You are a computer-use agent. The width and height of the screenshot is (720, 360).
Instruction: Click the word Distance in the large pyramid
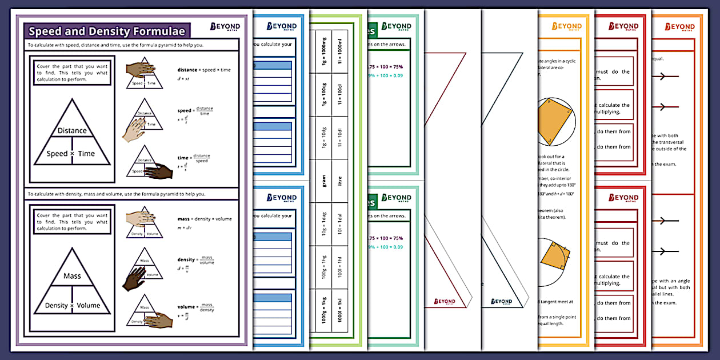(72, 130)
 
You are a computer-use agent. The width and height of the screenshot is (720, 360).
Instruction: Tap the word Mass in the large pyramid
(72, 276)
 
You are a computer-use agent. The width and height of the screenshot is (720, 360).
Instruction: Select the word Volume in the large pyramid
(89, 305)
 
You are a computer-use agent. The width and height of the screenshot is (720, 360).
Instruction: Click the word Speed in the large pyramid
(57, 153)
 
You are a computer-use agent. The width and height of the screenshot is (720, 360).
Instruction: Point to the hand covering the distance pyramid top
(140, 69)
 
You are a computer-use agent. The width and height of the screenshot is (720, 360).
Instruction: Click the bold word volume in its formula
(187, 307)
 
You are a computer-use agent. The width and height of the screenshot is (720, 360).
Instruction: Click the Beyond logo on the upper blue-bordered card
(282, 27)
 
